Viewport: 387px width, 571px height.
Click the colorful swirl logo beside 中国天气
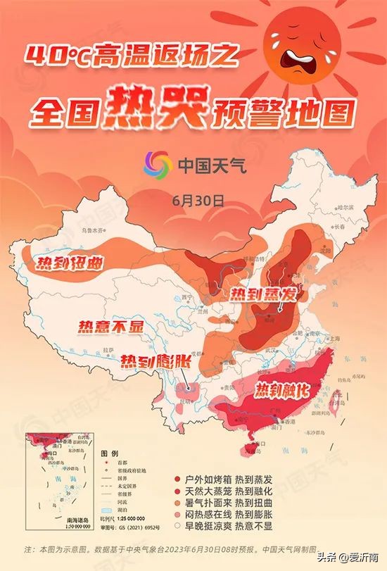158,165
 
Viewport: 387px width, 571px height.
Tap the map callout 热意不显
110,326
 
